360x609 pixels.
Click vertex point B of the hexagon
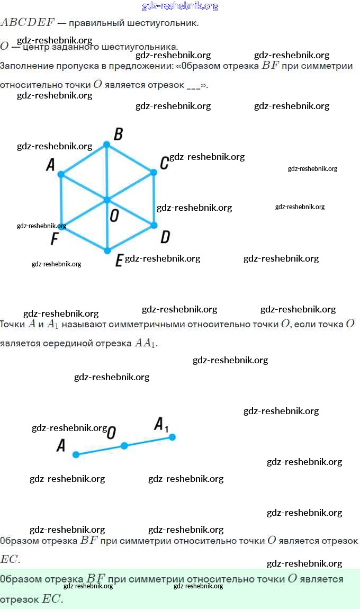pyautogui.click(x=106, y=145)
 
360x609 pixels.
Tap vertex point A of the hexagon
pyautogui.click(x=61, y=174)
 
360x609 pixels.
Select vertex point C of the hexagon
pyautogui.click(x=154, y=173)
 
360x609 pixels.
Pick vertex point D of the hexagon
pyautogui.click(x=154, y=225)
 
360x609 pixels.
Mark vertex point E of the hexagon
pyautogui.click(x=107, y=250)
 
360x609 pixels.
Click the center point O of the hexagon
pyautogui.click(x=107, y=200)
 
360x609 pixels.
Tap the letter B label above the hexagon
pyautogui.click(x=119, y=135)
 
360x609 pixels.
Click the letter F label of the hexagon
pyautogui.click(x=54, y=239)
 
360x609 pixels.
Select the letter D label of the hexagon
pyautogui.click(x=165, y=237)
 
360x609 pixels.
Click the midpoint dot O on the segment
pyautogui.click(x=124, y=446)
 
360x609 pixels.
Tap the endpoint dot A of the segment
pyautogui.click(x=76, y=454)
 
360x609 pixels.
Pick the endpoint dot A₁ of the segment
pyautogui.click(x=172, y=437)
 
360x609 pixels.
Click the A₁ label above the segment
pyautogui.click(x=161, y=425)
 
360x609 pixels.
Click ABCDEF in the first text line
pyautogui.click(x=27, y=23)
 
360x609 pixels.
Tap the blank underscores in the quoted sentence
pyautogui.click(x=194, y=85)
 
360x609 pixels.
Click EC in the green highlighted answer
pyautogui.click(x=52, y=599)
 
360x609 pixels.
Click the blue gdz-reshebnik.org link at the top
pyautogui.click(x=180, y=6)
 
